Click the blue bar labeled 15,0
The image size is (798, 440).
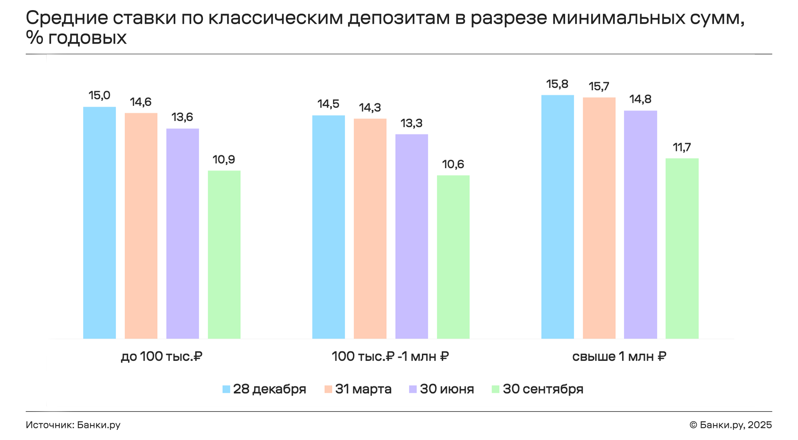click(99, 222)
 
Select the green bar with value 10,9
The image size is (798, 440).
click(224, 254)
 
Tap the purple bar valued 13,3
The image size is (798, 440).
click(411, 236)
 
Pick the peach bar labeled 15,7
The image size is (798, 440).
click(599, 218)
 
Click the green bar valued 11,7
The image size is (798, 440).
click(682, 248)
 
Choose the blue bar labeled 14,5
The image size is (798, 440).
click(328, 227)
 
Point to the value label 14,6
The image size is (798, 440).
click(141, 102)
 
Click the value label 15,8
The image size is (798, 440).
click(557, 84)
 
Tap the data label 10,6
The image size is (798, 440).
click(453, 164)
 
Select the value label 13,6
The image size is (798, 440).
click(182, 117)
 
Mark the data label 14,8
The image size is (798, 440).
click(640, 99)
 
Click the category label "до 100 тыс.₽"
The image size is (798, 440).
click(161, 356)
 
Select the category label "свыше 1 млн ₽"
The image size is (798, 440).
click(619, 356)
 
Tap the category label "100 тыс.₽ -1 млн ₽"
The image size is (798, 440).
click(390, 356)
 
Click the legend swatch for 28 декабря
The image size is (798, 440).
click(226, 389)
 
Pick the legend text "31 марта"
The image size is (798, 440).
click(363, 389)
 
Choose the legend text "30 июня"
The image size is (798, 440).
click(447, 389)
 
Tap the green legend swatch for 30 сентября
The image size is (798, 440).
click(495, 389)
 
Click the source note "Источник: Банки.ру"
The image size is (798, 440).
click(73, 425)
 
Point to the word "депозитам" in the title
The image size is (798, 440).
click(399, 18)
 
